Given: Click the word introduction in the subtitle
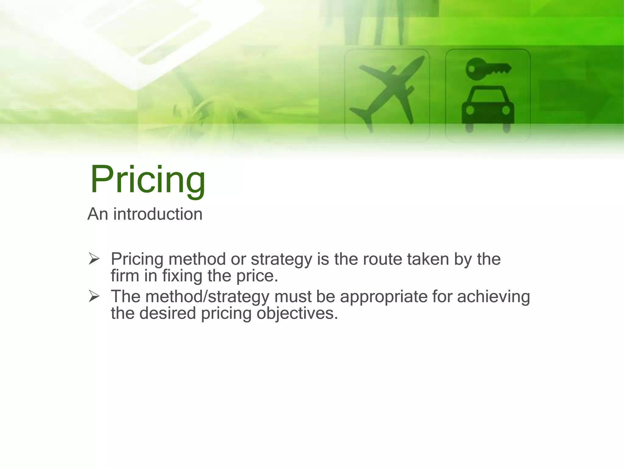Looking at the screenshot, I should [x=158, y=214].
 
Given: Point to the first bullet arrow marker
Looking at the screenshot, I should [x=94, y=259].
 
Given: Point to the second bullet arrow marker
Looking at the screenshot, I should [x=94, y=296].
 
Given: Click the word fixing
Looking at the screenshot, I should [x=182, y=276].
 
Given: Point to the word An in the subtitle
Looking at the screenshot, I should [x=97, y=214].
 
